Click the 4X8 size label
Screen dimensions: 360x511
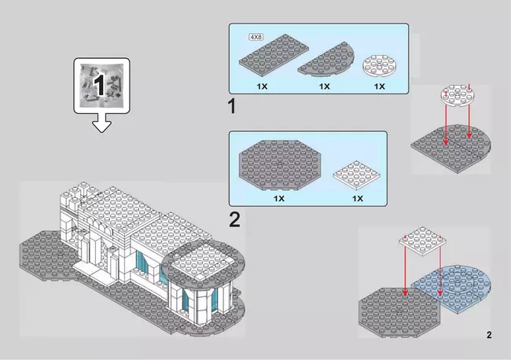(256, 36)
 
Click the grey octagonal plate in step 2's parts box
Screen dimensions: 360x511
(276, 166)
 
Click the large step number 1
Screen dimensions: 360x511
(232, 105)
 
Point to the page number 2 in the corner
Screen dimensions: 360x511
(488, 336)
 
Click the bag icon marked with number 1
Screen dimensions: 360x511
(100, 83)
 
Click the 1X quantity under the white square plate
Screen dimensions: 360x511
(358, 198)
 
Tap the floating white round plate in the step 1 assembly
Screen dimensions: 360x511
(458, 94)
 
